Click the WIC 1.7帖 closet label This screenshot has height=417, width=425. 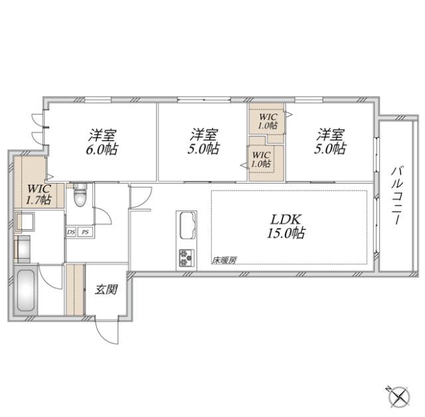tap(39, 194)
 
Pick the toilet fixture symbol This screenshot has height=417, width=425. tap(80, 195)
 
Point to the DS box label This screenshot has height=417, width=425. tap(71, 232)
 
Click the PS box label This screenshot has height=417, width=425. tap(85, 232)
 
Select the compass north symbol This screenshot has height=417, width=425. tap(400, 397)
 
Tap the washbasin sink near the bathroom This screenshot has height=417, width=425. tap(25, 221)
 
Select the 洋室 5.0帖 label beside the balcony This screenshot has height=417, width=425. tap(330, 141)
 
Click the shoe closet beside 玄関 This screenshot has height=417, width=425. tap(75, 289)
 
